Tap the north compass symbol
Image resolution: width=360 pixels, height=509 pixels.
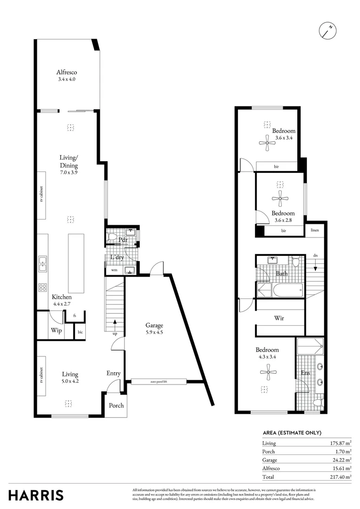point(327,30)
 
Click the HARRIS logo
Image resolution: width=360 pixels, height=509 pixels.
point(36,495)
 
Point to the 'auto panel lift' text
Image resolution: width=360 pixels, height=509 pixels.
point(159,382)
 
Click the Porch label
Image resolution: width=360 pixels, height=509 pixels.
point(116,405)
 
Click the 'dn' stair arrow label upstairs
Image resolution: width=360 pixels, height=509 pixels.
point(314,256)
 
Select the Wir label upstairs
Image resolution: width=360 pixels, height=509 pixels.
point(279,318)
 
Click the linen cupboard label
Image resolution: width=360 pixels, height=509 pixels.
point(314,230)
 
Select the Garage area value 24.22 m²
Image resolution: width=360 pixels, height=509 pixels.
point(342,460)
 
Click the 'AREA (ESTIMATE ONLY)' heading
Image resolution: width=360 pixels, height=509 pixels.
point(292,433)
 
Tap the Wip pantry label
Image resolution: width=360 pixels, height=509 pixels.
point(56,330)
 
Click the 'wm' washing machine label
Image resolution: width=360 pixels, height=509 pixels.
point(114,271)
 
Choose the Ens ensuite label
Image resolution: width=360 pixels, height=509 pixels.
point(305,374)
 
